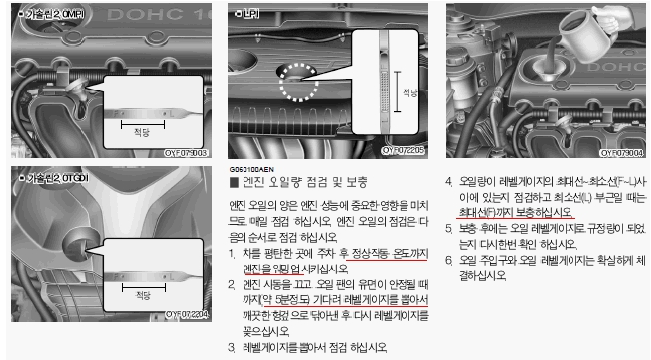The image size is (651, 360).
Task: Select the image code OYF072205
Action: pyautogui.click(x=405, y=149)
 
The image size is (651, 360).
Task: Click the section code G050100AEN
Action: pyautogui.click(x=251, y=170)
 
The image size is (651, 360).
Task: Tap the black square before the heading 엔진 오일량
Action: pyautogui.click(x=233, y=182)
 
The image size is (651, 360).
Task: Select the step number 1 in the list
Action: pyautogui.click(x=232, y=254)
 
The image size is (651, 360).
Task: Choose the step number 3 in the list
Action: pyautogui.click(x=232, y=347)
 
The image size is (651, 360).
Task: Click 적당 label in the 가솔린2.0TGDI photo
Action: pyautogui.click(x=142, y=295)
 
